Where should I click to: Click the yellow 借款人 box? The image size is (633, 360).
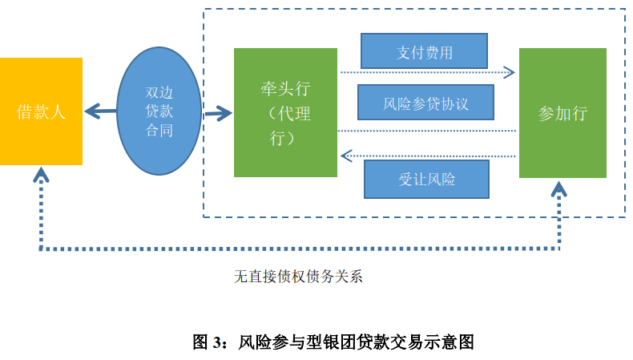click(41, 111)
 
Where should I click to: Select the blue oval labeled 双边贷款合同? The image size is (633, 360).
click(159, 111)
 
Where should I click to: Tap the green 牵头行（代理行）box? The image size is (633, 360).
click(285, 112)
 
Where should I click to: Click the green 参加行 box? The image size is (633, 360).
click(562, 113)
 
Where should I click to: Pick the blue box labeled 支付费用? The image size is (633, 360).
click(425, 52)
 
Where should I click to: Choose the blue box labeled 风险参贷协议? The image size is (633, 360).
click(425, 103)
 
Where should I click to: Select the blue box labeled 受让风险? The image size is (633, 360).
click(426, 179)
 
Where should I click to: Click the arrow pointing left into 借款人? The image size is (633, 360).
click(95, 111)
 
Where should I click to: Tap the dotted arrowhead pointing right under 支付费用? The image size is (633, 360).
click(510, 73)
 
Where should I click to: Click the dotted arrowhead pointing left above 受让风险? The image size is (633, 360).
click(345, 155)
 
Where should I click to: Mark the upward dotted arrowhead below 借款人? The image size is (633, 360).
click(40, 176)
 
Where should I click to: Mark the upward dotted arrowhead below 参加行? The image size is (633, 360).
click(559, 189)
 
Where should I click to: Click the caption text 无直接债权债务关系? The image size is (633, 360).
click(298, 277)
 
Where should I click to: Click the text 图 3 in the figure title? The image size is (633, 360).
click(210, 342)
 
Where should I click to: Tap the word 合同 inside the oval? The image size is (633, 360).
click(159, 130)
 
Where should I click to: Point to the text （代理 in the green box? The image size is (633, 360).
click(288, 114)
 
